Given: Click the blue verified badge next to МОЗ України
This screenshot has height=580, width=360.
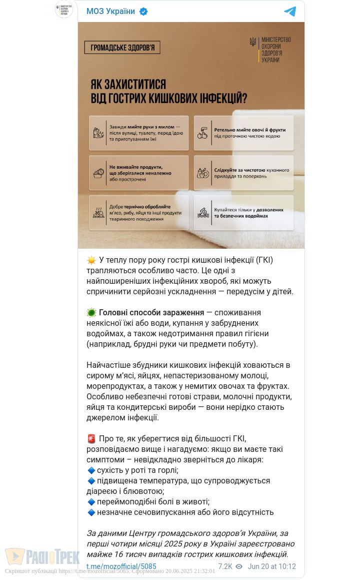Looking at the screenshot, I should tap(143, 12).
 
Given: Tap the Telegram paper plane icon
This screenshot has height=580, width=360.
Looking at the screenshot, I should tap(290, 12).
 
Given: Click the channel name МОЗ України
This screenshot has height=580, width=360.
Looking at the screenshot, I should tap(110, 12).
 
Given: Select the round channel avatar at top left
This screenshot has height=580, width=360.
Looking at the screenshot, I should tap(64, 10).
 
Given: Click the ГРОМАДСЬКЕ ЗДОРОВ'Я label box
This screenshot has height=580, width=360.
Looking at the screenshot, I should tap(122, 48).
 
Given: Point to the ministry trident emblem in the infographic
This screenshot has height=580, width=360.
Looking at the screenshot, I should tap(253, 42).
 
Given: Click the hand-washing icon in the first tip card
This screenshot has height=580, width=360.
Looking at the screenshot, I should tap(98, 133).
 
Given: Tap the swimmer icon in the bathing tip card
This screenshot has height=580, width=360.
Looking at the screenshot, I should tap(203, 213).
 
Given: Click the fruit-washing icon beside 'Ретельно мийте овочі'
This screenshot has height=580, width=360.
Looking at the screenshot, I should tap(202, 133).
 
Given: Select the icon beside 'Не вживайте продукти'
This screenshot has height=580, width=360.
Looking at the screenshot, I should tap(98, 173).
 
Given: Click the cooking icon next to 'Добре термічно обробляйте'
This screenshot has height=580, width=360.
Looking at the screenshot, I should tap(98, 213).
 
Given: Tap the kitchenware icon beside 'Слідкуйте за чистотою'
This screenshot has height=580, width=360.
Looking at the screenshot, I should tap(203, 173).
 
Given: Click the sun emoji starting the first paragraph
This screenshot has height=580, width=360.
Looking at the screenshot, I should tap(91, 260).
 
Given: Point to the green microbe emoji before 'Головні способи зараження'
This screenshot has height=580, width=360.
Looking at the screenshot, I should tap(91, 313).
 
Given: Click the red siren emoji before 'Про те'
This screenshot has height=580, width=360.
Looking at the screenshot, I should tap(91, 439).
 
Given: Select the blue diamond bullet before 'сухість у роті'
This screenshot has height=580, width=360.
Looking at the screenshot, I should tap(91, 470).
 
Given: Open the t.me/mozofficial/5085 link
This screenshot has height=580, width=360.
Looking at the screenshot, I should tap(121, 566).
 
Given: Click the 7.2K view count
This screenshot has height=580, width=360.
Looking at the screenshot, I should tap(225, 566).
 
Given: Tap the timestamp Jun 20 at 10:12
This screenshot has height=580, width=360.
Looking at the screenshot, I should tap(272, 566).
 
